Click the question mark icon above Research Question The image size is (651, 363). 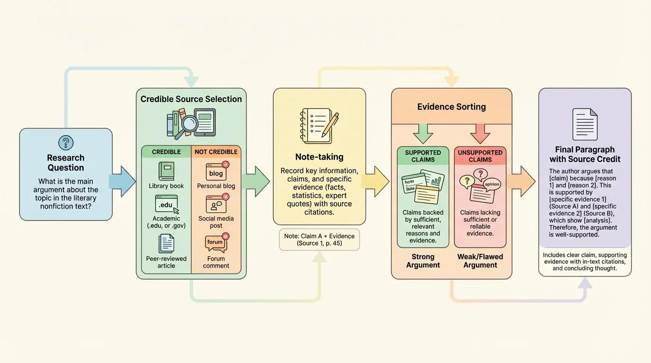click(x=65, y=142)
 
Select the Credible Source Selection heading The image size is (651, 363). click(x=191, y=99)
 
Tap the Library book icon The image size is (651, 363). click(x=166, y=171)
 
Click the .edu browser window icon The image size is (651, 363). click(x=166, y=205)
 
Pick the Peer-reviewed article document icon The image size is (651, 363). click(x=166, y=243)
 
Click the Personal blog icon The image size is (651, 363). click(x=216, y=172)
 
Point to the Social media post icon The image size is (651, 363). click(x=216, y=205)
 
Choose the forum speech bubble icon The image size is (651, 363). click(x=216, y=243)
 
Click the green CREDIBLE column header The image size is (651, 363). click(x=166, y=152)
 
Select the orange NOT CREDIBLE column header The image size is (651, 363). click(x=216, y=152)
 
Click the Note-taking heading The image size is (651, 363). click(x=319, y=157)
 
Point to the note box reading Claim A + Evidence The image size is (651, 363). click(x=319, y=240)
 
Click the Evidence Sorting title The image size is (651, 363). click(x=451, y=107)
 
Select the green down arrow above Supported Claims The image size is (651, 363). click(x=423, y=133)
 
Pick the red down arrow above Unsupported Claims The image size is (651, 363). click(x=480, y=133)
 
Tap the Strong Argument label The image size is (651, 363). click(x=423, y=261)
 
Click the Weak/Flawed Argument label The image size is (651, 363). click(x=480, y=261)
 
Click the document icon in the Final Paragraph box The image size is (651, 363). click(x=585, y=124)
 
